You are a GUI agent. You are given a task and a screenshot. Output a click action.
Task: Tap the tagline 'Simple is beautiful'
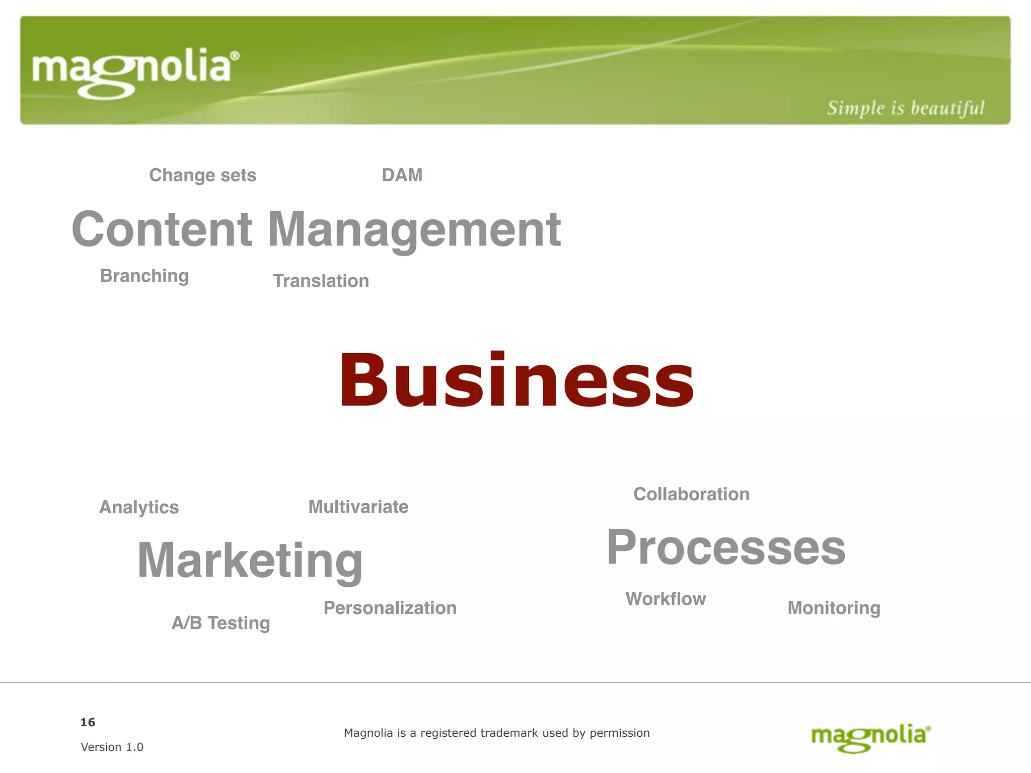click(x=905, y=108)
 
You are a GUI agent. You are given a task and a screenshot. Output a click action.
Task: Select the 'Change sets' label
click(x=202, y=175)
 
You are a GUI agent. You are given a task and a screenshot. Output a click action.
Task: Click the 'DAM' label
click(x=402, y=175)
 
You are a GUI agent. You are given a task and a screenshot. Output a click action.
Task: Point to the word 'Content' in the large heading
click(x=162, y=229)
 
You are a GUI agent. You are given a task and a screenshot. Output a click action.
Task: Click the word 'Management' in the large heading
click(x=414, y=229)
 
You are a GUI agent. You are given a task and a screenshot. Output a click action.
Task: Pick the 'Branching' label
click(x=144, y=276)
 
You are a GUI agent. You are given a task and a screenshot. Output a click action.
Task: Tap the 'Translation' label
click(x=321, y=281)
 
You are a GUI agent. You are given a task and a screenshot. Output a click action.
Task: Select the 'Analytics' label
click(x=139, y=507)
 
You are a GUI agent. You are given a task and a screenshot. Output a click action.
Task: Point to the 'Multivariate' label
click(x=358, y=507)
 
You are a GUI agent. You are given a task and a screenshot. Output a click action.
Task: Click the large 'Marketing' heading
click(x=250, y=560)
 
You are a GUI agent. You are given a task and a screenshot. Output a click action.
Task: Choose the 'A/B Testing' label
click(x=220, y=623)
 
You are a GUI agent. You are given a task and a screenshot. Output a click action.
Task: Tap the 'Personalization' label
click(x=390, y=608)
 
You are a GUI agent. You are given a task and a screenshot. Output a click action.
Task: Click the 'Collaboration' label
click(x=691, y=494)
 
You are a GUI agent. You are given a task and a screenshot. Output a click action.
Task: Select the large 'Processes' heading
click(x=726, y=548)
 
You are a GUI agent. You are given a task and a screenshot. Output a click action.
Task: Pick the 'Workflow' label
click(x=666, y=599)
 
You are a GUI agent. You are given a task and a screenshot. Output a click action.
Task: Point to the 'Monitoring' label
click(x=834, y=608)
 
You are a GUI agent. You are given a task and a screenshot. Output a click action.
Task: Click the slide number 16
click(x=88, y=722)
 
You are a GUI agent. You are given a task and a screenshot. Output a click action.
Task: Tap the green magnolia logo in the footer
click(x=870, y=737)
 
